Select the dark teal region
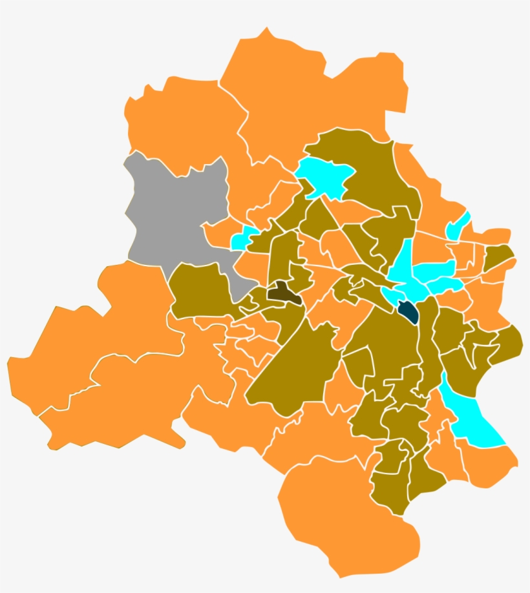(x=408, y=312)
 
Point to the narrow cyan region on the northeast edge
(x=458, y=225)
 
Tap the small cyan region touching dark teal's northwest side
(x=391, y=295)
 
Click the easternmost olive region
(x=511, y=342)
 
